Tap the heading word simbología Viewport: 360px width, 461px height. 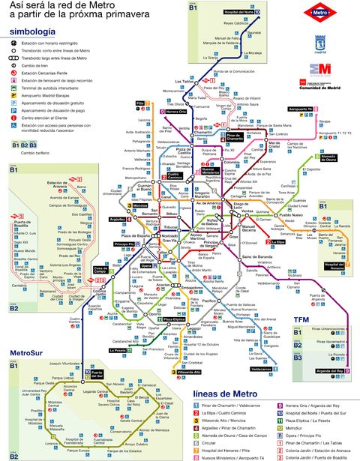point(31,32)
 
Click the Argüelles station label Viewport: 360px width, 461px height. point(118,220)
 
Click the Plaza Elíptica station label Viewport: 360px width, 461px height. point(173,319)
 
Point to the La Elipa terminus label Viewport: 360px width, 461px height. point(278,242)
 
